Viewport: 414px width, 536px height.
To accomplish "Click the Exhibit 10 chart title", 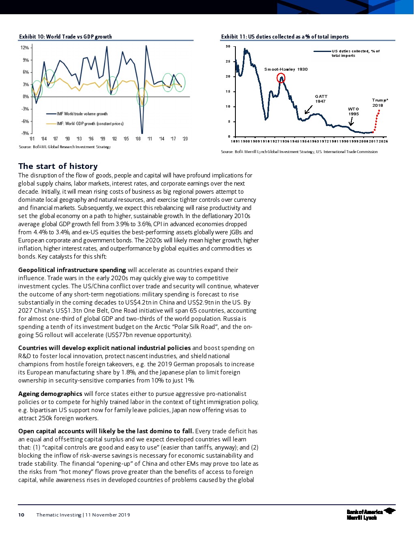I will [65, 37].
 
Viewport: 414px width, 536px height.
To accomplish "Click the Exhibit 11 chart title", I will [285, 37].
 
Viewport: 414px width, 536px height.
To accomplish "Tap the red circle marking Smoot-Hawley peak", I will [281, 78].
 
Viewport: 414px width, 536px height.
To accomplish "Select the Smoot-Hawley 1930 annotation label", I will [286, 69].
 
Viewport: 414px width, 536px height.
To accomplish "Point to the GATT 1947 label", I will [321, 99].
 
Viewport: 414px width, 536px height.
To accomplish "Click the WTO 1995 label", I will [354, 111].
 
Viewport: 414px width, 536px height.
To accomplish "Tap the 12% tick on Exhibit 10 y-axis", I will [25, 48].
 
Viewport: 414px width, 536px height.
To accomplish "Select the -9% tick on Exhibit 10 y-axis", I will [25, 133].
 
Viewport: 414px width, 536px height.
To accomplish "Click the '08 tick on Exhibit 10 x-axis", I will [138, 139].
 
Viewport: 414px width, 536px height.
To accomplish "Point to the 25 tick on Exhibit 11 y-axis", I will [228, 61].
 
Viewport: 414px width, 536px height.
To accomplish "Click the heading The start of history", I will [58, 166].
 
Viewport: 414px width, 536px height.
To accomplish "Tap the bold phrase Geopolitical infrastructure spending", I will [72, 270].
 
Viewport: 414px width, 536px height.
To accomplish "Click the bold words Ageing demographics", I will [50, 394].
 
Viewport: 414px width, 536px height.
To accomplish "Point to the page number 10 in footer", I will [21, 515].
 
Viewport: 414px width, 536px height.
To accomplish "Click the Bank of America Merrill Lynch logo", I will [371, 514].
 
